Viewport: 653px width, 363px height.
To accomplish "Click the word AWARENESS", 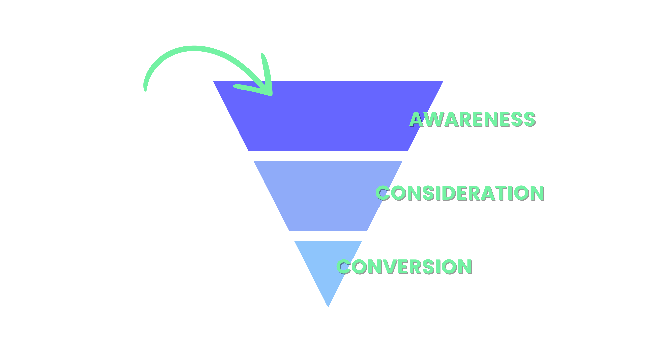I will point(472,119).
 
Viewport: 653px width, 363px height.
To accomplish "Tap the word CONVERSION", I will point(404,266).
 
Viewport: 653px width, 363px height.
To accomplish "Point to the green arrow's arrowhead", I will point(266,89).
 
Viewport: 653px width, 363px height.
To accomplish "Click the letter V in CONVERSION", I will point(391,266).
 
